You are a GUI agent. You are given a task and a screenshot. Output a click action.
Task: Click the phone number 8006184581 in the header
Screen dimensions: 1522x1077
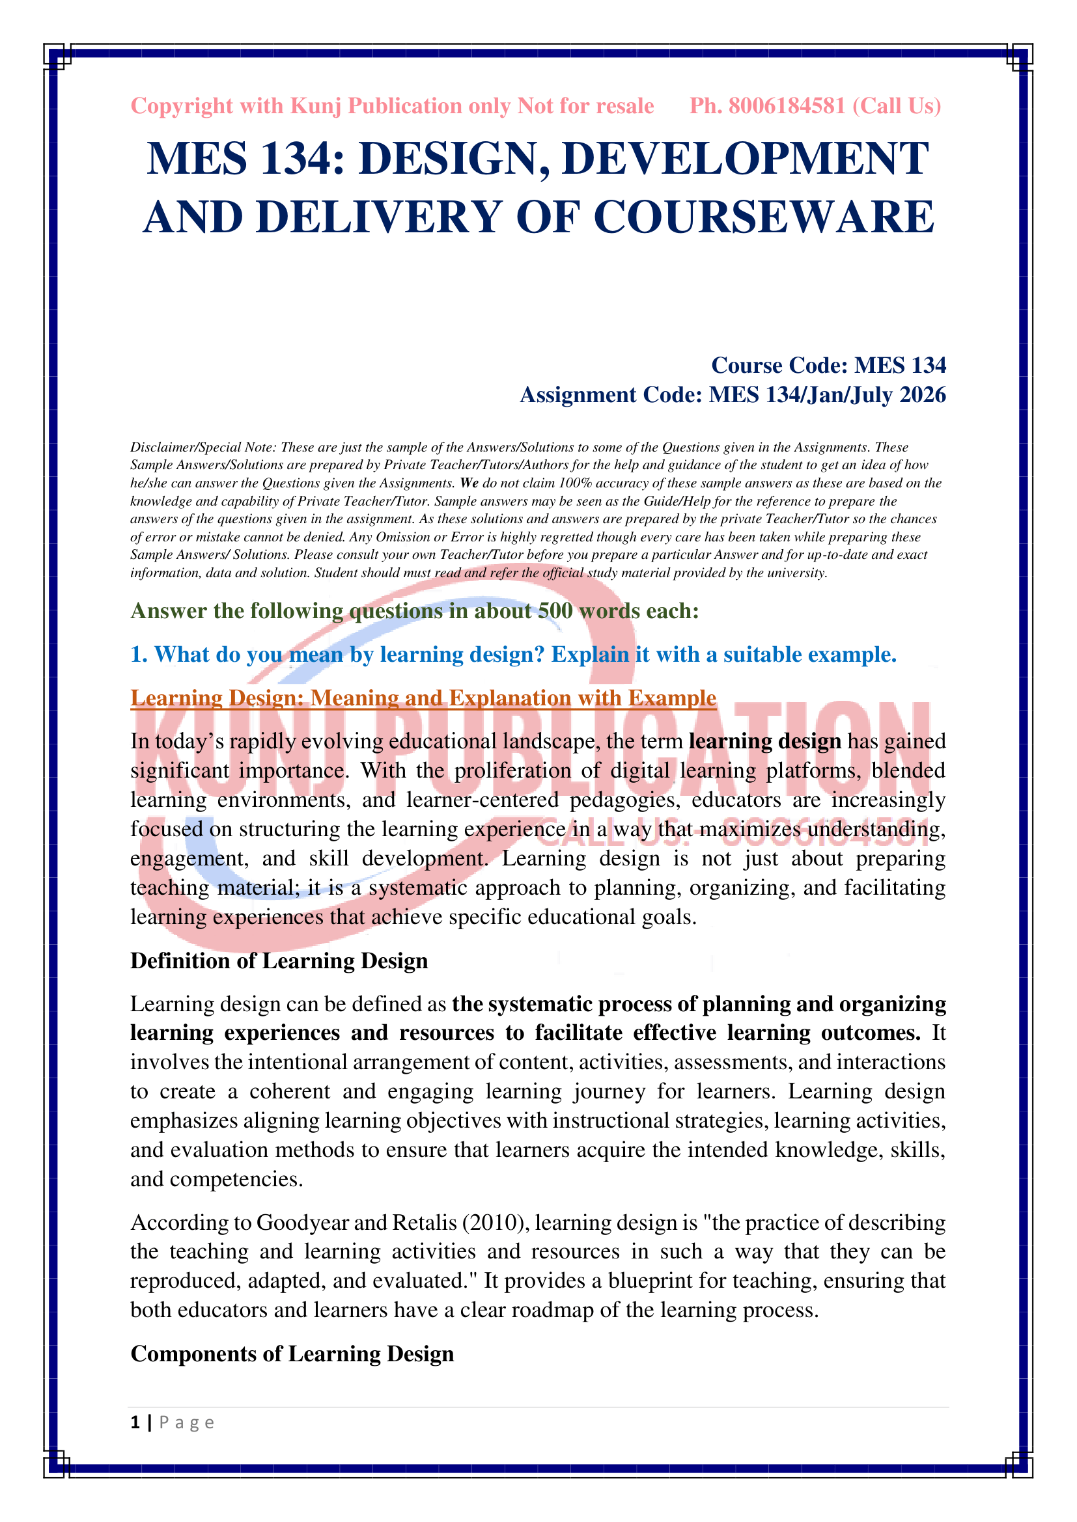click(x=787, y=106)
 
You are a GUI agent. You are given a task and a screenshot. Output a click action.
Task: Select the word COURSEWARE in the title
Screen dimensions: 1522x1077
click(x=763, y=217)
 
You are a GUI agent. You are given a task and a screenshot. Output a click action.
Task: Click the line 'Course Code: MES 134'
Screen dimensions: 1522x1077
click(x=828, y=365)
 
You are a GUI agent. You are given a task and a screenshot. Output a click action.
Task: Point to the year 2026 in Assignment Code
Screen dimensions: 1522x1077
click(x=923, y=395)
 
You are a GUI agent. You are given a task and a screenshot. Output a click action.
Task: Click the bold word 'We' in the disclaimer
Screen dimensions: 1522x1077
click(x=469, y=483)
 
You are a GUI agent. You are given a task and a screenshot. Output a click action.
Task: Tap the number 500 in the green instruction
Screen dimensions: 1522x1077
click(x=555, y=611)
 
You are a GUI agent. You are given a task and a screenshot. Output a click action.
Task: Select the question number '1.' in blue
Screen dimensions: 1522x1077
click(x=139, y=655)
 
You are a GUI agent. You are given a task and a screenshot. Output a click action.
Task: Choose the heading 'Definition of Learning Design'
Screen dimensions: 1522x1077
click(x=279, y=961)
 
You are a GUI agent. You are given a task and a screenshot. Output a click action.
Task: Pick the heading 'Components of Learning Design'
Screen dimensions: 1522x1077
click(x=292, y=1353)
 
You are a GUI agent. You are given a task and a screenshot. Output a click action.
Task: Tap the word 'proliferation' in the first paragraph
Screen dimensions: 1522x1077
click(x=512, y=771)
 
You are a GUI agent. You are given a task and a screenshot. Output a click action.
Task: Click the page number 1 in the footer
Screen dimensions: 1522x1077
click(x=135, y=1422)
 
